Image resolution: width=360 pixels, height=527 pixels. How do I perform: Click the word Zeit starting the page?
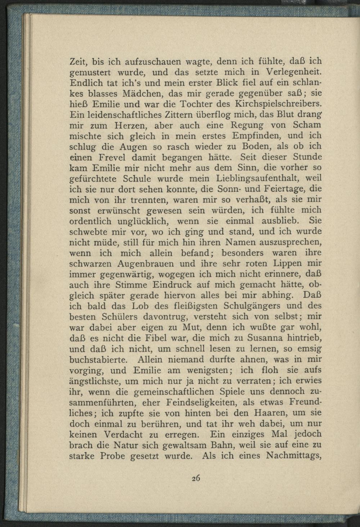78,61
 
